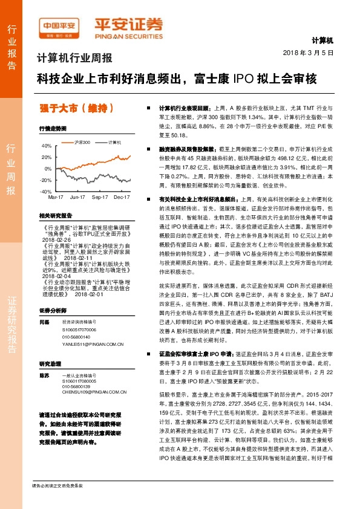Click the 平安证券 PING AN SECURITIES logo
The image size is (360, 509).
tap(128, 27)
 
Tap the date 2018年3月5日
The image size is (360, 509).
tap(309, 53)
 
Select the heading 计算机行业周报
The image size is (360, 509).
tap(74, 59)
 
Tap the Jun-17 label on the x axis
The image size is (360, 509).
tap(77, 197)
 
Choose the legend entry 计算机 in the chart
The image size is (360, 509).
tap(114, 142)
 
